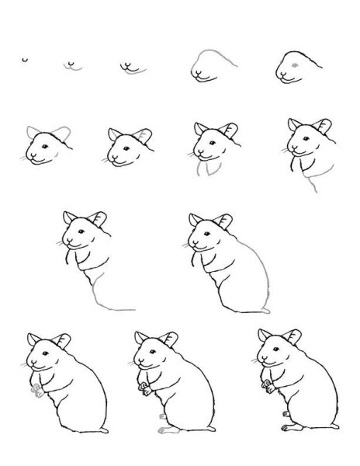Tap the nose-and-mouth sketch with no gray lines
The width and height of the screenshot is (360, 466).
72,64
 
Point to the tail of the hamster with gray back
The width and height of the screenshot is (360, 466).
266,311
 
